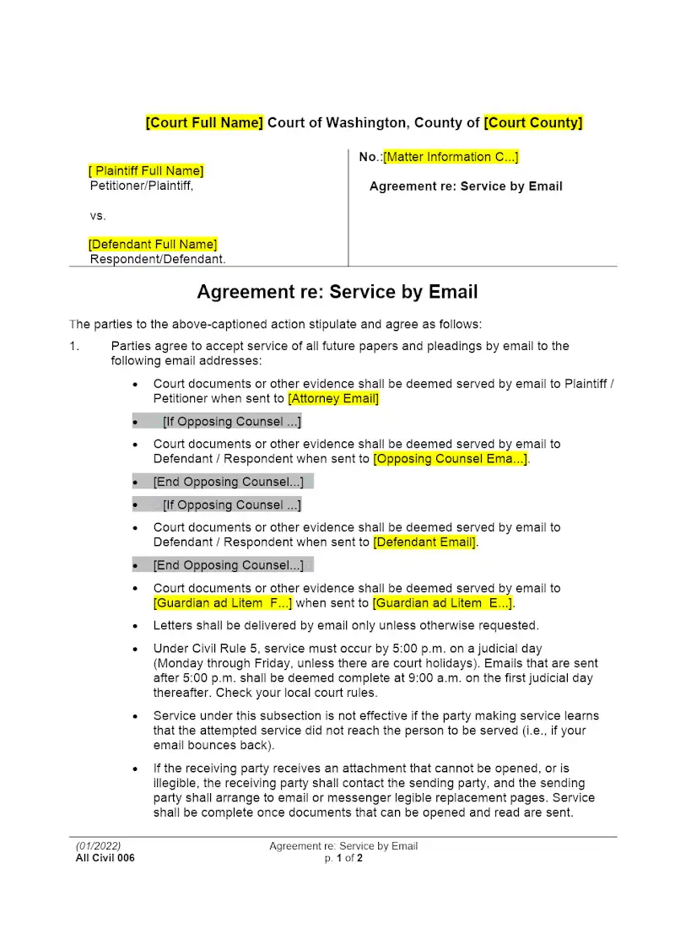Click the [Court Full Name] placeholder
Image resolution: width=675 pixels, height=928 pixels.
(204, 123)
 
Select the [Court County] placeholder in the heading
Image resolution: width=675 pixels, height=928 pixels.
(532, 123)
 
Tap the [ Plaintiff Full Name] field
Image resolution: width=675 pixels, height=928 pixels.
(147, 171)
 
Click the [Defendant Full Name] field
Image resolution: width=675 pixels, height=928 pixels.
(153, 245)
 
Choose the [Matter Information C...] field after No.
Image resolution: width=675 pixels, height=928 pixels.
(451, 157)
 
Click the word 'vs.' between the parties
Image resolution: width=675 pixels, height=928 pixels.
(99, 215)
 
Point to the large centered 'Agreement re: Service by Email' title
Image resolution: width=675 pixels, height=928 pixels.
(337, 292)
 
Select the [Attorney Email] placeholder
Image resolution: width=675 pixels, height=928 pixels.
(333, 398)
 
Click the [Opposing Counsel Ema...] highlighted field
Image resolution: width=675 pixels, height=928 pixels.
(451, 459)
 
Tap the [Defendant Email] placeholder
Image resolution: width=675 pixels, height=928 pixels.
(424, 542)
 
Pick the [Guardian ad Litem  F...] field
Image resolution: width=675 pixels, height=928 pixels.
(223, 603)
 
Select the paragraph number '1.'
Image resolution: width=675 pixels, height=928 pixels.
(74, 346)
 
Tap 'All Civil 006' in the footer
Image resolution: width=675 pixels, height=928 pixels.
(105, 858)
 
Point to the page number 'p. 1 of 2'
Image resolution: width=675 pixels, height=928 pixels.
(343, 858)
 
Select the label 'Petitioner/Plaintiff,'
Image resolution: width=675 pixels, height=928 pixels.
(142, 186)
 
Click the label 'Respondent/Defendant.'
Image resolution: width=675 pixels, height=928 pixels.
(158, 259)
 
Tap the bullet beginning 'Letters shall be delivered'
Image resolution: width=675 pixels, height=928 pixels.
(346, 626)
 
